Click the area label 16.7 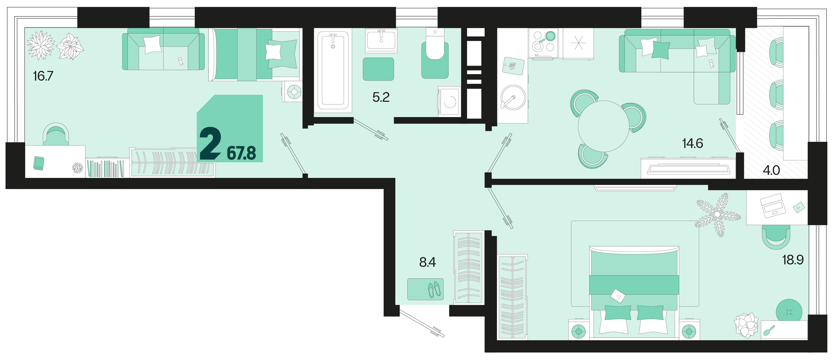(43, 76)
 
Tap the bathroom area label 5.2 (381, 97)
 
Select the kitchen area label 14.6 (693, 143)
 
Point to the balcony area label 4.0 (771, 170)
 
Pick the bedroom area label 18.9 (793, 260)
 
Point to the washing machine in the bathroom (449, 101)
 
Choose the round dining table (603, 126)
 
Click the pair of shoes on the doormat (434, 289)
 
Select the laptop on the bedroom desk (773, 206)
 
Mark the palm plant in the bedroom (718, 214)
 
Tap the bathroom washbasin (381, 41)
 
